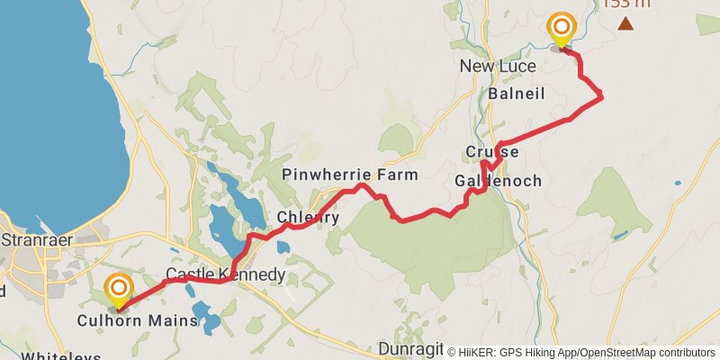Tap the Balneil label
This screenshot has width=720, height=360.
point(517,94)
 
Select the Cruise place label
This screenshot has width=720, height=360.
point(492,152)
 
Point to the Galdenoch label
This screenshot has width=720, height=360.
point(498,181)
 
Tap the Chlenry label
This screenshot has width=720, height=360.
point(308,218)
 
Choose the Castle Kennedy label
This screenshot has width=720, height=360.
point(226,274)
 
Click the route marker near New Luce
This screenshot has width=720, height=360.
point(562,30)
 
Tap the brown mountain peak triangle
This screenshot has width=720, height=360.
point(625,22)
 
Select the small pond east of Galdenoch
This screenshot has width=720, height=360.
point(620,236)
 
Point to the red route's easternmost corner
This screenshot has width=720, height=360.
point(600,96)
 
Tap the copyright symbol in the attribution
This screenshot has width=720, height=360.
point(452,353)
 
